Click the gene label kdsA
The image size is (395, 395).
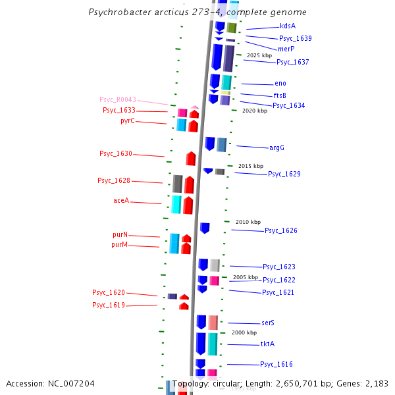pyautogui.click(x=287, y=26)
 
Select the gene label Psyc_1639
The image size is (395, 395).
pyautogui.click(x=295, y=38)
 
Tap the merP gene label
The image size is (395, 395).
pyautogui.click(x=286, y=49)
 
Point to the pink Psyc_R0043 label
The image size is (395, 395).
pyautogui.click(x=118, y=99)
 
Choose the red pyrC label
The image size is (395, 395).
pyautogui.click(x=128, y=121)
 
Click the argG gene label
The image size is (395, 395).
pyautogui.click(x=276, y=147)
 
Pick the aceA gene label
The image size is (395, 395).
pyautogui.click(x=121, y=201)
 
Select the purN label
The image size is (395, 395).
pyautogui.click(x=120, y=235)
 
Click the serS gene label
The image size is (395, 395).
pyautogui.click(x=267, y=323)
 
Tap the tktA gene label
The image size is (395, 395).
pyautogui.click(x=267, y=344)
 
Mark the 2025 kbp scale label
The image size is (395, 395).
pyautogui.click(x=259, y=56)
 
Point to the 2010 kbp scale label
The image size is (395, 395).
pyautogui.click(x=248, y=222)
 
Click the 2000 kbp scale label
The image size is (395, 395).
pyautogui.click(x=244, y=332)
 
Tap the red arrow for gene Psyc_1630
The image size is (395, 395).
pyautogui.click(x=191, y=159)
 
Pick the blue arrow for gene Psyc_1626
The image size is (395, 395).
pyautogui.click(x=205, y=228)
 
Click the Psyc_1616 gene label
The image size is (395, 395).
pyautogui.click(x=276, y=364)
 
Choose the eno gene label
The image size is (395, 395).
pyautogui.click(x=280, y=84)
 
